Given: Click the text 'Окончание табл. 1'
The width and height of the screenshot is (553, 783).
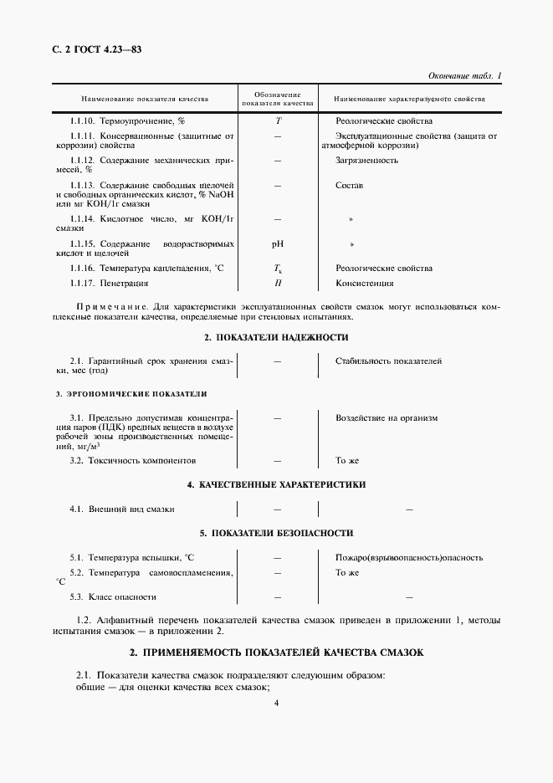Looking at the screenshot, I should [x=464, y=76].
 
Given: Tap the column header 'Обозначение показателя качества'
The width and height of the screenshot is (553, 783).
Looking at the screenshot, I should [x=277, y=100].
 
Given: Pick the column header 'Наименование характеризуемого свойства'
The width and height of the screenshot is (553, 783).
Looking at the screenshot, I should [x=409, y=100].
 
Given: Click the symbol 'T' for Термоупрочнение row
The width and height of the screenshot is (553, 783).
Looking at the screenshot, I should [x=277, y=121].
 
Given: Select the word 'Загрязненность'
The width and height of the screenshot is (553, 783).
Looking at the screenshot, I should [x=366, y=160].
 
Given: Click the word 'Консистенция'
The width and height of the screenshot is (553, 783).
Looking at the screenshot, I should [x=364, y=284].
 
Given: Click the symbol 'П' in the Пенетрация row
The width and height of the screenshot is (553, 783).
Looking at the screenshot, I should [x=277, y=284].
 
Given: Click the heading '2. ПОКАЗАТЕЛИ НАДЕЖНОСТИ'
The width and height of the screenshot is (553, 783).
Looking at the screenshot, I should [x=276, y=337].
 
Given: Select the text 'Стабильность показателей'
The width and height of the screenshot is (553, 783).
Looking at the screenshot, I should [x=388, y=361].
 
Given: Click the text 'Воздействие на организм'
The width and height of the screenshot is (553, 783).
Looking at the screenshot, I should [x=387, y=417].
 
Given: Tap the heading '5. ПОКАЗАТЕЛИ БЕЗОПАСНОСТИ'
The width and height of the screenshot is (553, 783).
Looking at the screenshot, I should [x=276, y=533].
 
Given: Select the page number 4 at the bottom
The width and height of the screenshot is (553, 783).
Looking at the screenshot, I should [x=276, y=703].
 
